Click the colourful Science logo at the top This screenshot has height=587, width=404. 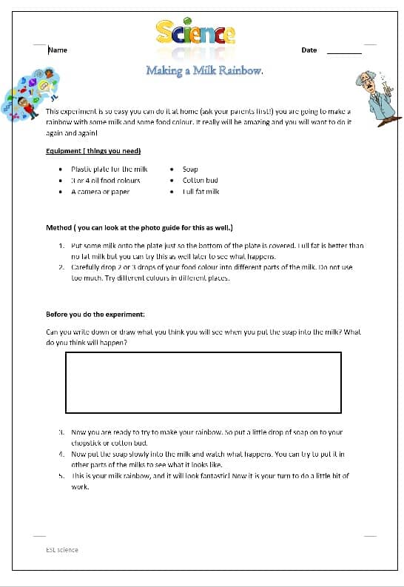196,33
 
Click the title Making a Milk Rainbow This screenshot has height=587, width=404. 204,70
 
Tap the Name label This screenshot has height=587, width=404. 58,50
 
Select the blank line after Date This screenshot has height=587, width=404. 344,51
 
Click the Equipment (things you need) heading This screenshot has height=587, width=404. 93,151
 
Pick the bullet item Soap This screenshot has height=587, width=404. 190,170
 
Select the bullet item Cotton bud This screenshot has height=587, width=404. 200,180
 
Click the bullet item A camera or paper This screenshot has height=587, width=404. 100,191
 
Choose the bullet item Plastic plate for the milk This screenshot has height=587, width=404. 110,170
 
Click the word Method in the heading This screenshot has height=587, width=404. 58,227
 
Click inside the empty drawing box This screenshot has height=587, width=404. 203,382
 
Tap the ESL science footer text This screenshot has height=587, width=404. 61,549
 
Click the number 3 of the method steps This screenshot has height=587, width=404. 61,431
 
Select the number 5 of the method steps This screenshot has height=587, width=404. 61,476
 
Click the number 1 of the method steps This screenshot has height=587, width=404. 61,245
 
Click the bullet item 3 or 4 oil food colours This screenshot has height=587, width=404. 105,180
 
